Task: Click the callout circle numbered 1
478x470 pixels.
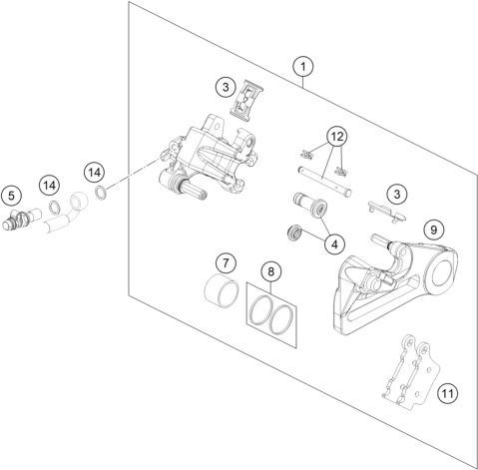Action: pos(303,67)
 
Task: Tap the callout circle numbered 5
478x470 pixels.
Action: pos(12,196)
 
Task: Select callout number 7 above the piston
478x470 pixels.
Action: pos(226,263)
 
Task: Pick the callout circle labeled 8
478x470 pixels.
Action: pos(271,272)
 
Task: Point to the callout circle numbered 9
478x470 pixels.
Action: pos(433,230)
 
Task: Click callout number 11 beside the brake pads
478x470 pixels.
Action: pos(447,394)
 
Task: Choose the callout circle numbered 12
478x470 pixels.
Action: pos(336,137)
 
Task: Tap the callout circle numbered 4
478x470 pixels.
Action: pos(334,244)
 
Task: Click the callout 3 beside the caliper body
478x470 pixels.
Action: pos(226,88)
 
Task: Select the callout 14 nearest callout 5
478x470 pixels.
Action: pos(49,186)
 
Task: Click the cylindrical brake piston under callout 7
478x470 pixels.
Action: pos(222,291)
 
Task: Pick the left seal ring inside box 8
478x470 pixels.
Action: pos(259,309)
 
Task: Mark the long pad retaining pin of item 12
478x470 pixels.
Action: pos(324,182)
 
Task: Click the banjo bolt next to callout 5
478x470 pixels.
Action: pos(21,220)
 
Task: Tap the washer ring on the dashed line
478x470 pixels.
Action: pos(101,193)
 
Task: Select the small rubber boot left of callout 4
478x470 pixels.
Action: pos(294,233)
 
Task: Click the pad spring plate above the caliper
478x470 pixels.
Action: pos(245,100)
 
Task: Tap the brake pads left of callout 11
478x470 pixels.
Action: pos(411,372)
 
